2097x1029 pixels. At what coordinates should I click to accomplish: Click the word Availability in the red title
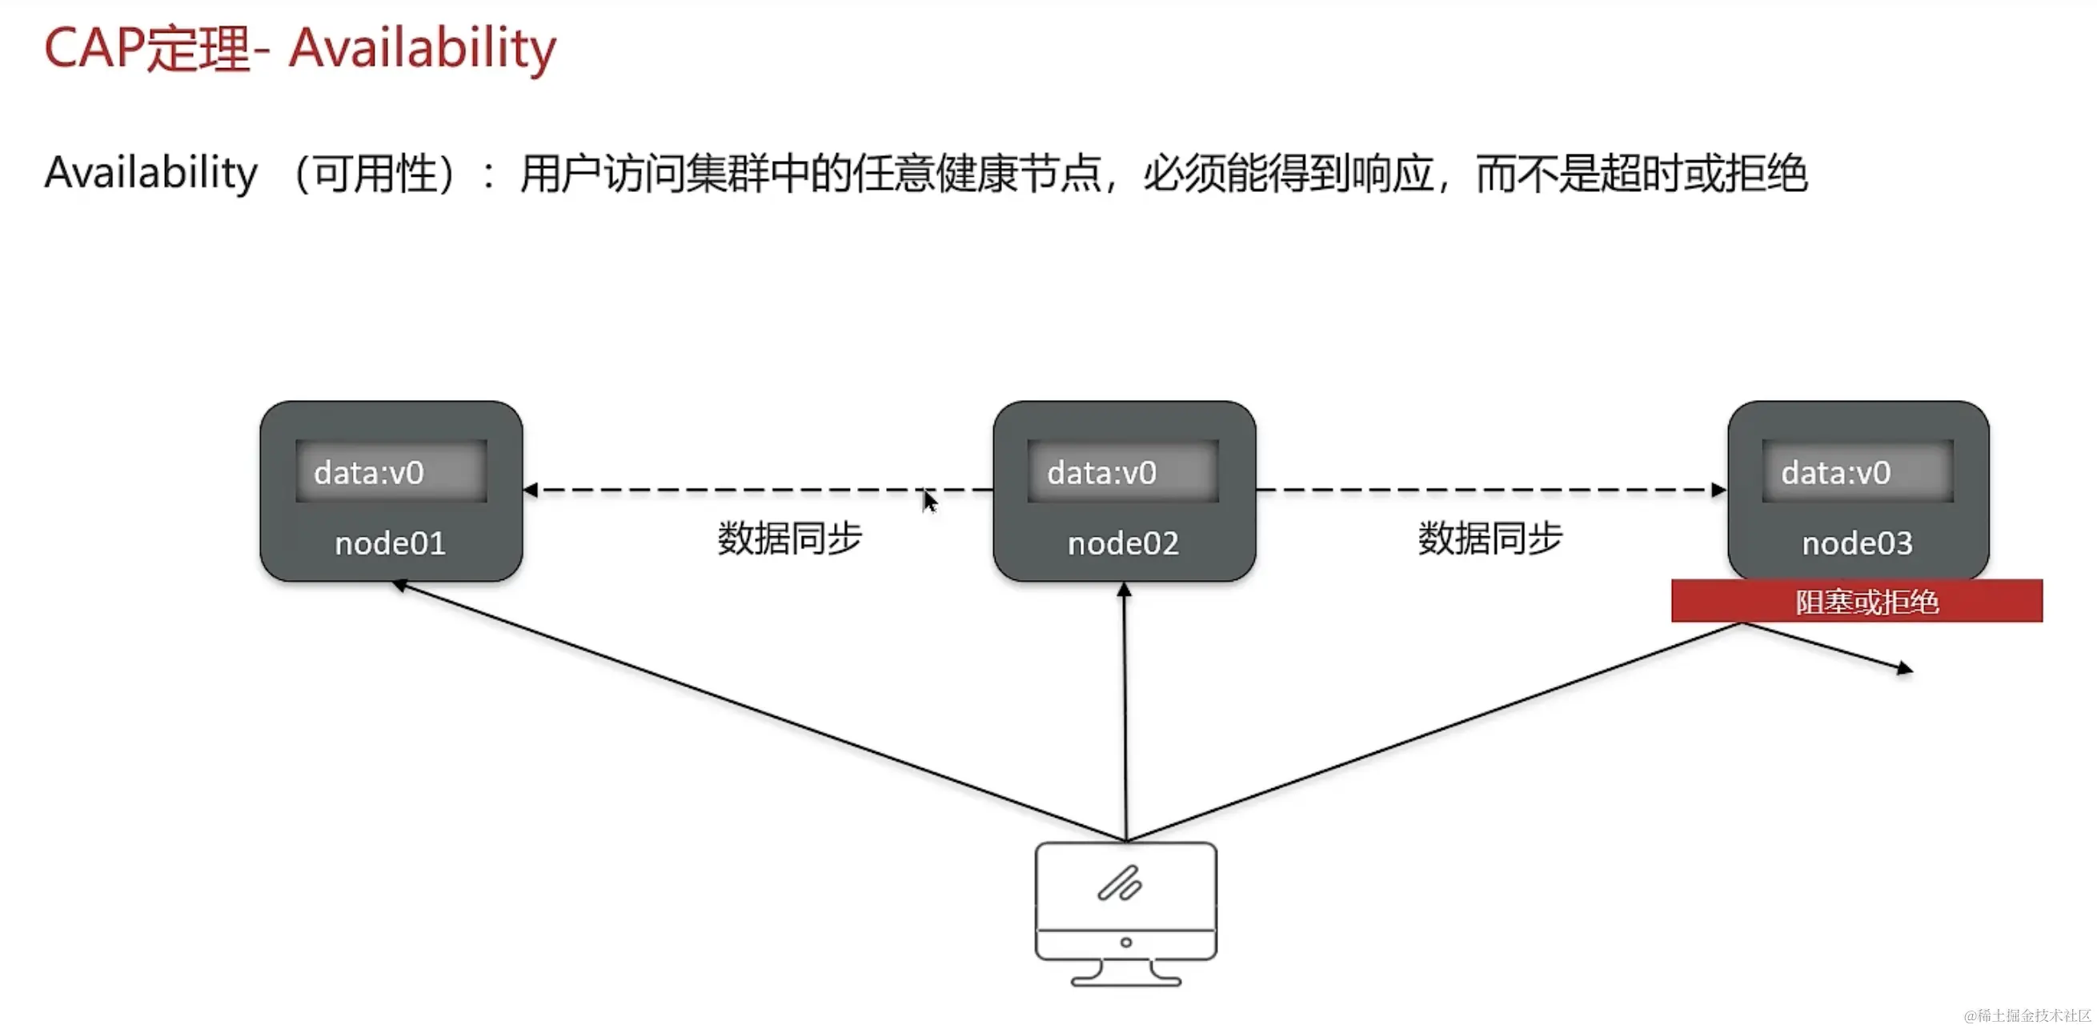pyautogui.click(x=423, y=49)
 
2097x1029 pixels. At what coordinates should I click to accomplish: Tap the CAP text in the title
pyautogui.click(x=94, y=49)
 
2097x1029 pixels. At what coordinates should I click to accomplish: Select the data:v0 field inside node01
pyautogui.click(x=391, y=471)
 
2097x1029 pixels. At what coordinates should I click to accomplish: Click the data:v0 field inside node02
pyautogui.click(x=1123, y=471)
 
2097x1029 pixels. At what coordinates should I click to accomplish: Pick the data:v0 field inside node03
pyautogui.click(x=1857, y=471)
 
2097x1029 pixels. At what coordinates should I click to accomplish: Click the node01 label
pyautogui.click(x=390, y=543)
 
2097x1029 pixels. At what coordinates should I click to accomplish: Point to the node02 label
pyautogui.click(x=1123, y=543)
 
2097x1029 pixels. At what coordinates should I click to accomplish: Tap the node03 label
pyautogui.click(x=1857, y=543)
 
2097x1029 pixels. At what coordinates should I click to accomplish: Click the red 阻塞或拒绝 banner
pyautogui.click(x=1857, y=601)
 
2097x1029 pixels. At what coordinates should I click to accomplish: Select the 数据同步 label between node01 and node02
pyautogui.click(x=789, y=539)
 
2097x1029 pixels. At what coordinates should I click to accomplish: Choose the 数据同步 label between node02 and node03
pyautogui.click(x=1490, y=539)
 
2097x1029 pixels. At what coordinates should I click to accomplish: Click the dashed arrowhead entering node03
pyautogui.click(x=1718, y=490)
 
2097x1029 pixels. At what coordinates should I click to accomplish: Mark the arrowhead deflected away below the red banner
pyautogui.click(x=1904, y=669)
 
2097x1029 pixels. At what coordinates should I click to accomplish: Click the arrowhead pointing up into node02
pyautogui.click(x=1125, y=591)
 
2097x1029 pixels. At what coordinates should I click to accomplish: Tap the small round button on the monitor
pyautogui.click(x=1126, y=942)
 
